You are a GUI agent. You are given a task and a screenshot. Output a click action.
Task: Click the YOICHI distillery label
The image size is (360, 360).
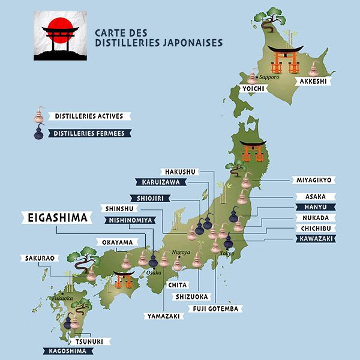coord(253,88)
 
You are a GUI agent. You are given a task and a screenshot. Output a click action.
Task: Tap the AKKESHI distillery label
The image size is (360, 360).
coord(312,88)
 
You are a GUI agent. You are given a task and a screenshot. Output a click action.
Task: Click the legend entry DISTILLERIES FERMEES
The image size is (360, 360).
coord(89,134)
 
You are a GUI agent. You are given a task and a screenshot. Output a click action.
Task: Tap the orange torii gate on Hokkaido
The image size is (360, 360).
coord(284,59)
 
